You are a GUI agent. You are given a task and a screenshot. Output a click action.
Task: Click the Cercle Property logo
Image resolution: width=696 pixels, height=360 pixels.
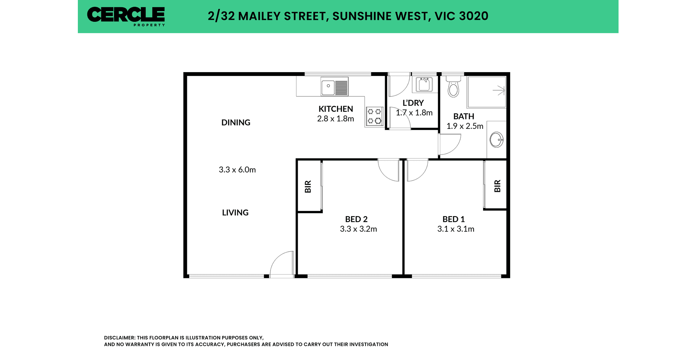tap(126, 16)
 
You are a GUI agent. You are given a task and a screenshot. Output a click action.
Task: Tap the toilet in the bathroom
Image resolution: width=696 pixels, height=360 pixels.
tap(453, 87)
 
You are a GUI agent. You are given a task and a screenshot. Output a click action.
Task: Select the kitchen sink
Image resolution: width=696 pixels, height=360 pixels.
tap(335, 87)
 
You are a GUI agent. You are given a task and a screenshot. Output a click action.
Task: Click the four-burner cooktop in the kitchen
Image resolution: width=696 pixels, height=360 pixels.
tap(374, 116)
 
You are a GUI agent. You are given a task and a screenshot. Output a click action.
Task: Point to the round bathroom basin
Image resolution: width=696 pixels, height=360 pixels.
tap(496, 140)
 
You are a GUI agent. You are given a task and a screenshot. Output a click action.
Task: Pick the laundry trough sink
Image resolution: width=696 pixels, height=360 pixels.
tap(424, 84)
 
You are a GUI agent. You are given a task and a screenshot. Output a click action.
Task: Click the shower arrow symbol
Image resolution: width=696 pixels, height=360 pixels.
tap(499, 91)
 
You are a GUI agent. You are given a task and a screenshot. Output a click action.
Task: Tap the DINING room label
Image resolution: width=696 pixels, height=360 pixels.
tap(236, 122)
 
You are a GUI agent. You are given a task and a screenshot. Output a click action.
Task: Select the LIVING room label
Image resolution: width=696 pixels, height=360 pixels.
tap(235, 212)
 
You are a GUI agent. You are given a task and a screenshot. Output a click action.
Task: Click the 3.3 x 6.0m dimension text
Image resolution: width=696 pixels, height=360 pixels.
tap(237, 170)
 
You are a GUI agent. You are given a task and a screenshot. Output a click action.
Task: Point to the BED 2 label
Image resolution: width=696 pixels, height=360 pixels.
tap(356, 219)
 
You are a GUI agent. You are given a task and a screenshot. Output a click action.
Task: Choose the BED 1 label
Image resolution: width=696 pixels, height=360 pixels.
tap(454, 219)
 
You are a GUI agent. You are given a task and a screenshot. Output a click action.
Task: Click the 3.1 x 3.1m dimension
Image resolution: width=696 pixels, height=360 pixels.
tap(456, 229)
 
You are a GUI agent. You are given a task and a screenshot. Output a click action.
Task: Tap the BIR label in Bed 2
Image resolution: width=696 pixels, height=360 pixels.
tap(308, 186)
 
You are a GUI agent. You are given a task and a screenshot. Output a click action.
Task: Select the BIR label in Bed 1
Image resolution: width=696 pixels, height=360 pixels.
tap(497, 186)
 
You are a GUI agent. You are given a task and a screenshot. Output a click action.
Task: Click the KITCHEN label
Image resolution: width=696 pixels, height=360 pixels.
tap(336, 109)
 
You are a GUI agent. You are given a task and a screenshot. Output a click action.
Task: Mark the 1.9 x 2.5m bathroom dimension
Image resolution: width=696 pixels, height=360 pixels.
tap(465, 126)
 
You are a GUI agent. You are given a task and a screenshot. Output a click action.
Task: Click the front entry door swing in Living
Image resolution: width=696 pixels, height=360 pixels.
tap(282, 263)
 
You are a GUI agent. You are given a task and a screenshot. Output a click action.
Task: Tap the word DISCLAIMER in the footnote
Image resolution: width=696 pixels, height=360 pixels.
tap(119, 338)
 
